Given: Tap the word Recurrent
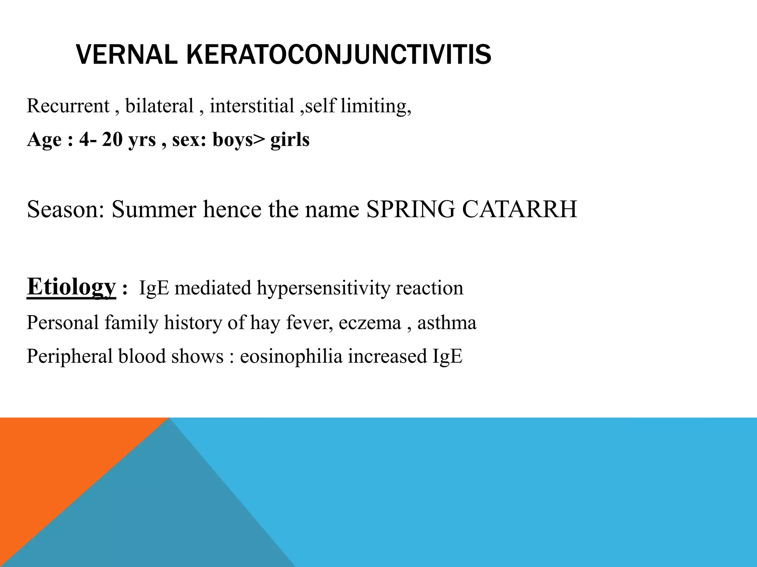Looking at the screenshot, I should click(68, 106).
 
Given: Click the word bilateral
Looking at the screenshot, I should click(159, 106).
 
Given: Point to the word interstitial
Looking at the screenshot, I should click(252, 106).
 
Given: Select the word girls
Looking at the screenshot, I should click(290, 140).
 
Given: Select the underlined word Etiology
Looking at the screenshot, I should click(71, 287).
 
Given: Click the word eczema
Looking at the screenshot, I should click(370, 323).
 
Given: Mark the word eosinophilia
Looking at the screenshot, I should click(291, 357).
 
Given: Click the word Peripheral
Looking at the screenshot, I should click(69, 357).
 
